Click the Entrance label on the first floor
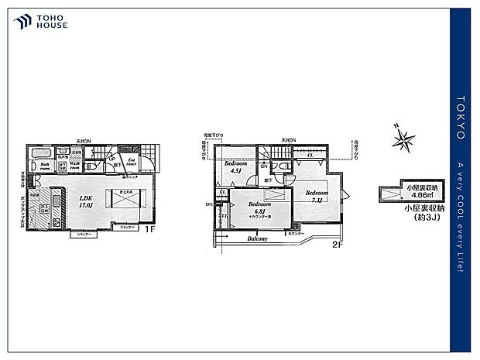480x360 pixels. click(x=132, y=164)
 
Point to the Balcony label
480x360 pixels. click(x=258, y=239)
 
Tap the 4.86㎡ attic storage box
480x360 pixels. click(x=418, y=193)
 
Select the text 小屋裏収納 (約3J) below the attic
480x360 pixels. click(x=422, y=214)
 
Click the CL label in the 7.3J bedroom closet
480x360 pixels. click(x=309, y=156)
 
